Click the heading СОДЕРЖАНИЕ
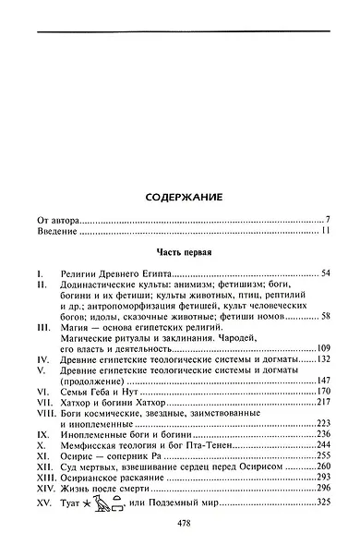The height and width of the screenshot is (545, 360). click(x=181, y=198)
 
